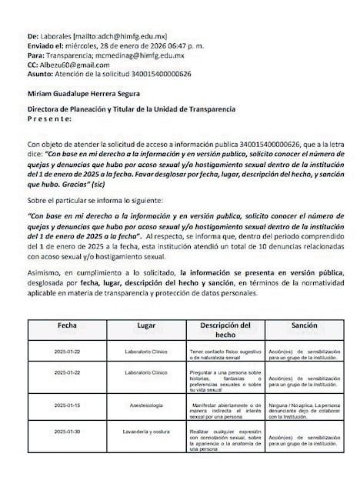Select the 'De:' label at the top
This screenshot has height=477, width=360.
pos(32,35)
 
